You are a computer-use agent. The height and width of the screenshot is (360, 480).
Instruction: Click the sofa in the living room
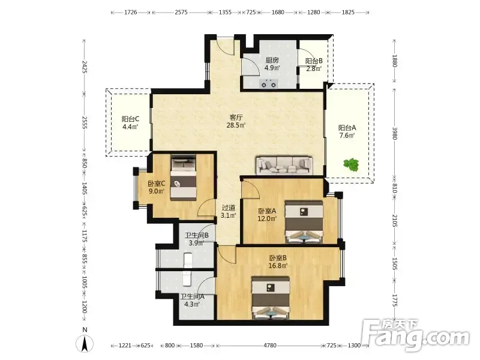tap(284, 166)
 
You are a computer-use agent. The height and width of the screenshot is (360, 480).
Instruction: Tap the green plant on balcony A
tap(351, 164)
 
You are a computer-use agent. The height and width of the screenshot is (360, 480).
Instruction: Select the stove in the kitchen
tap(269, 83)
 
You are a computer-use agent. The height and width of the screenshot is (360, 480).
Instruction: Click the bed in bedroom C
tap(184, 178)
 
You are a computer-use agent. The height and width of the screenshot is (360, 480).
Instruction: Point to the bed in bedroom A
tap(304, 222)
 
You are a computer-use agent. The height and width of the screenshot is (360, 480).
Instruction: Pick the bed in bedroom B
tap(271, 298)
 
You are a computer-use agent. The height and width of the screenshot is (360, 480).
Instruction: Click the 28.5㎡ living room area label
tap(236, 125)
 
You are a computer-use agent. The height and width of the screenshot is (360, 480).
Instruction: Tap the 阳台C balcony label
tap(130, 119)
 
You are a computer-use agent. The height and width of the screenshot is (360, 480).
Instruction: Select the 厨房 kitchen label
tap(272, 60)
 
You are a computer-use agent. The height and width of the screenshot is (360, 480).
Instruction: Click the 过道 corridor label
tap(229, 208)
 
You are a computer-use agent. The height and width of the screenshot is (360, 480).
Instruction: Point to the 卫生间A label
tap(192, 296)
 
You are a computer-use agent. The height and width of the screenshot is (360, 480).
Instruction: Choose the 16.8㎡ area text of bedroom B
tap(278, 265)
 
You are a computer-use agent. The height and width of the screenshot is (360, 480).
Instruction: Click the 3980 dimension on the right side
tap(394, 133)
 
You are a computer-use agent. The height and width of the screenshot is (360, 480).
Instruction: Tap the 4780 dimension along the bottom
tap(269, 346)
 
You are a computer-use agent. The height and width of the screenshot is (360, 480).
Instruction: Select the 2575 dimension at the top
tap(181, 12)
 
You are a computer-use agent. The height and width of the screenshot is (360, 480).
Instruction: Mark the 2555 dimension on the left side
tap(85, 122)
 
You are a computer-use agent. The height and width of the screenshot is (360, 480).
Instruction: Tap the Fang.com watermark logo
tap(415, 335)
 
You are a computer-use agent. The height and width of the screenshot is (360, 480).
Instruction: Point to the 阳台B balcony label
tap(314, 61)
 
